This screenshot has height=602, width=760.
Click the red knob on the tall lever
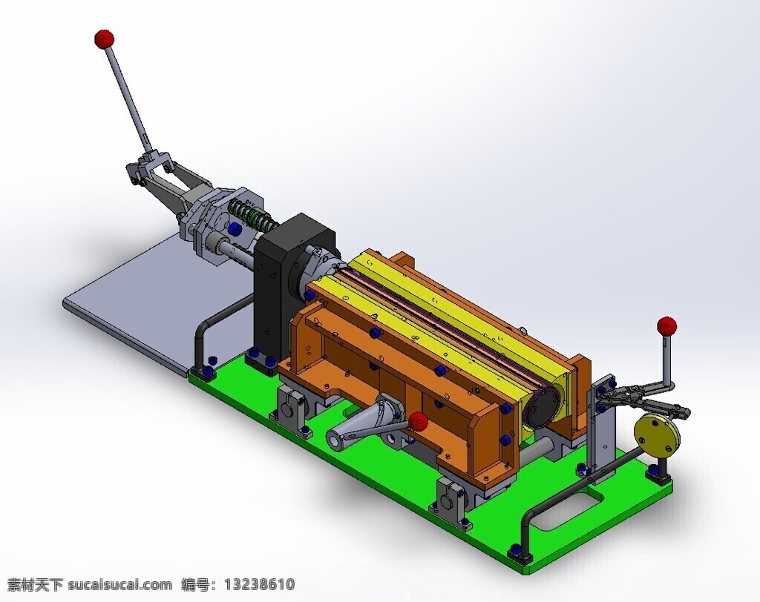pyautogui.click(x=104, y=39)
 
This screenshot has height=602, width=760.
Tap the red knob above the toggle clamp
pyautogui.click(x=667, y=326)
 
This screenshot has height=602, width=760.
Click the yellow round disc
pyautogui.click(x=657, y=435)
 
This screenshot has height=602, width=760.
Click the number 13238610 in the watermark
pyautogui.click(x=259, y=584)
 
